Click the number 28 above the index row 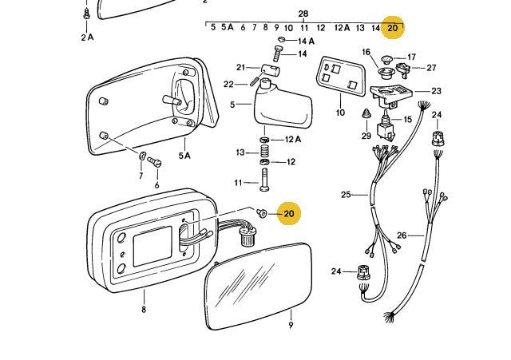pos(303,14)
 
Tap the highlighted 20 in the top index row pos(392,28)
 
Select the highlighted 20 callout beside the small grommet pos(289,213)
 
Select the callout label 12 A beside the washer pos(293,140)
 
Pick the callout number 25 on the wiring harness pos(346,195)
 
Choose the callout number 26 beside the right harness pos(402,235)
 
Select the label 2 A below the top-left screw pos(86,37)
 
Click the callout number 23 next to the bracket pos(436,91)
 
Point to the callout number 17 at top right pos(412,57)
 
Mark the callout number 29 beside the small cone pos(366,136)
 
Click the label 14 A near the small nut pos(306,41)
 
